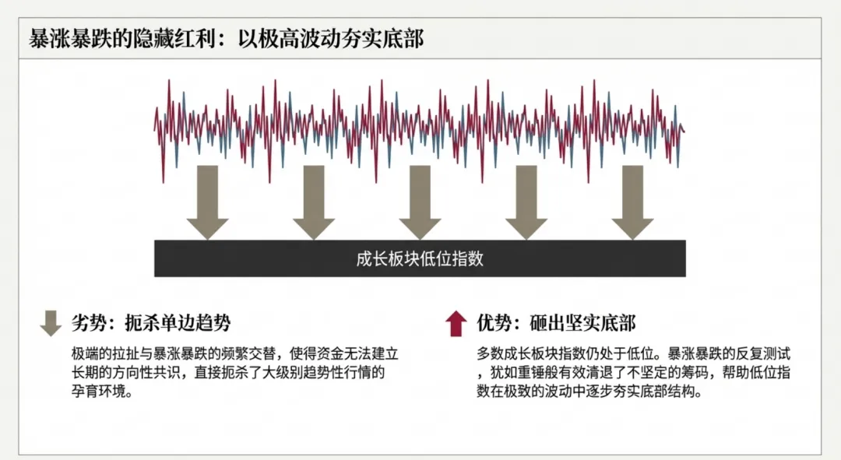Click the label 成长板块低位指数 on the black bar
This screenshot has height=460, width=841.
420,258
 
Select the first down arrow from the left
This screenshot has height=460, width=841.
207,203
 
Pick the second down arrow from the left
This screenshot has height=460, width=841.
314,203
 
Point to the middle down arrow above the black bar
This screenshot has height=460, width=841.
420,203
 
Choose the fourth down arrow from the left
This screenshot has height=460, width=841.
526,203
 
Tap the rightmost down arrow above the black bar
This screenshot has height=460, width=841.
632,203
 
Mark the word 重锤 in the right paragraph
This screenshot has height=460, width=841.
546,372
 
